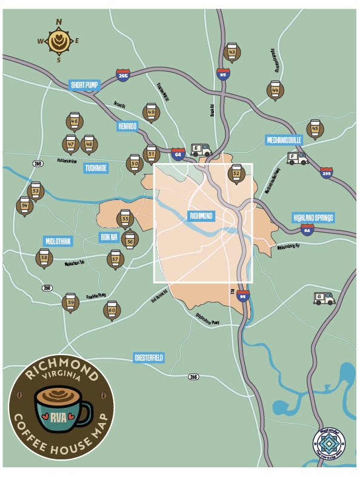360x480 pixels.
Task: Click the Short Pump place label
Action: pyautogui.click(x=84, y=85)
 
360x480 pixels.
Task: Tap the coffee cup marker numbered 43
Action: pyautogui.click(x=232, y=53)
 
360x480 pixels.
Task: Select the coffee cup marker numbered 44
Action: pyautogui.click(x=275, y=90)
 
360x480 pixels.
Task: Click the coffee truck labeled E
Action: pyautogui.click(x=200, y=150)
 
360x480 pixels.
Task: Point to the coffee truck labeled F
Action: pyautogui.click(x=297, y=158)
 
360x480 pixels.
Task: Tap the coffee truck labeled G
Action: pyautogui.click(x=324, y=298)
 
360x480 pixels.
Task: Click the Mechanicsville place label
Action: pyautogui.click(x=284, y=140)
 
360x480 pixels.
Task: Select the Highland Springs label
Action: pyautogui.click(x=313, y=218)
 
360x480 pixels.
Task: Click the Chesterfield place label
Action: pyautogui.click(x=149, y=358)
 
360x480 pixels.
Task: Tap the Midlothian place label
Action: pyautogui.click(x=58, y=241)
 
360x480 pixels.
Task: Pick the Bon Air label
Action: pyautogui.click(x=109, y=237)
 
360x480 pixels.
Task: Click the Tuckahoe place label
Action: pyautogui.click(x=96, y=168)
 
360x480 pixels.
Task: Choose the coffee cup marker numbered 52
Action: pyautogui.click(x=236, y=173)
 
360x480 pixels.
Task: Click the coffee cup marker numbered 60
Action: pyautogui.click(x=112, y=310)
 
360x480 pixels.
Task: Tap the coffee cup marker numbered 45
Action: pyautogui.click(x=314, y=128)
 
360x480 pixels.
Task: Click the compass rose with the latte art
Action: pyautogui.click(x=59, y=41)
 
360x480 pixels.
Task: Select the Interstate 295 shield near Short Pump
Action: pyautogui.click(x=124, y=75)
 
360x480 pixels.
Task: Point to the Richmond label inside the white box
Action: pyautogui.click(x=201, y=216)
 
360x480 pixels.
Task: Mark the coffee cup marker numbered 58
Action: pyautogui.click(x=44, y=258)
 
